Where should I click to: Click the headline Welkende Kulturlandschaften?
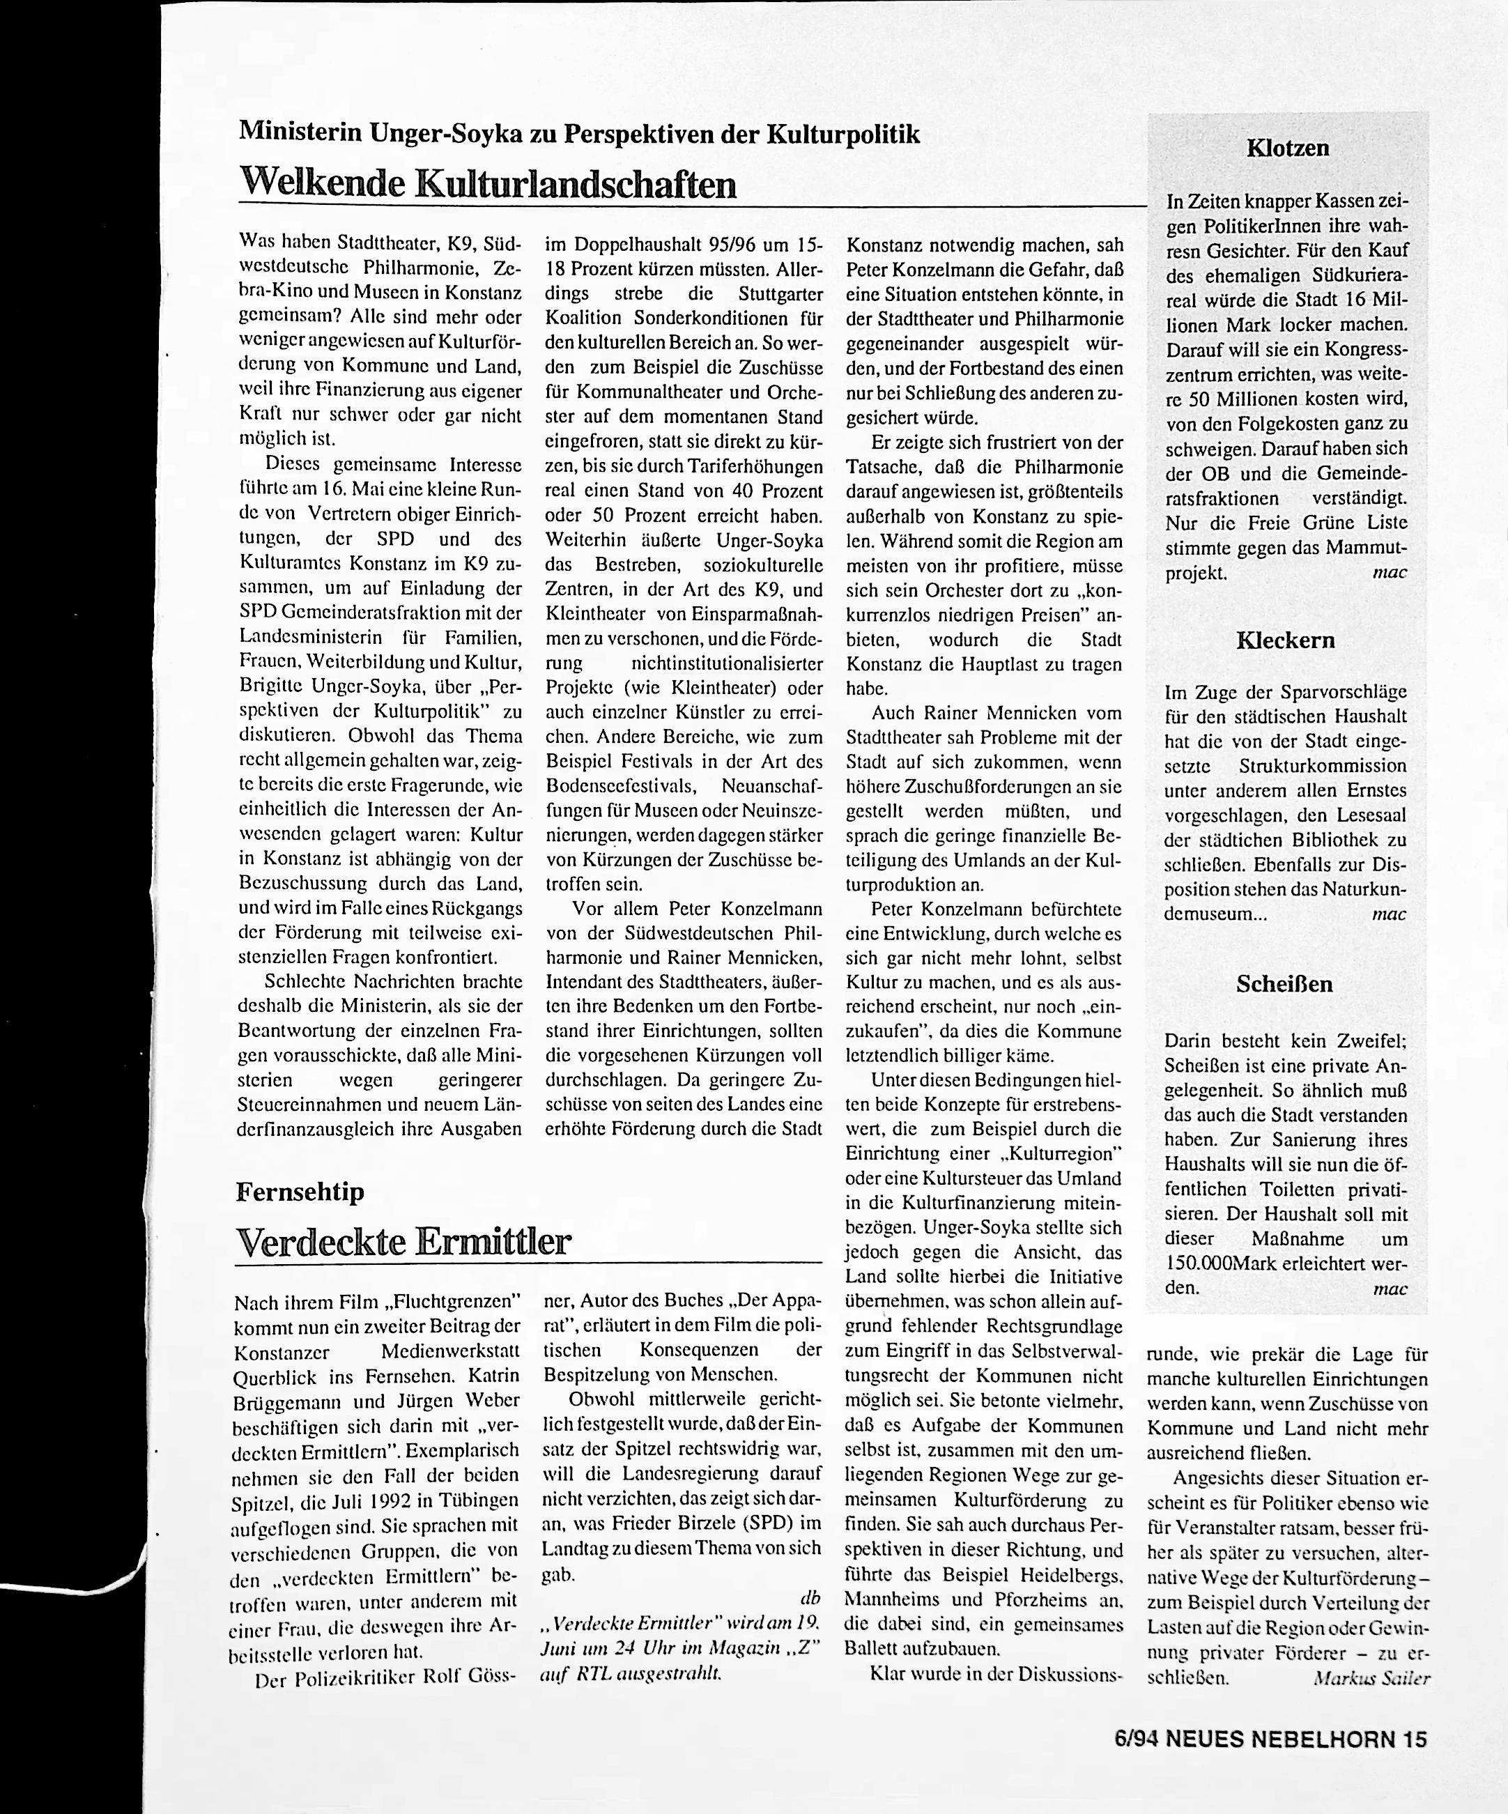point(487,183)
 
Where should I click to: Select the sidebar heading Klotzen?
point(1287,148)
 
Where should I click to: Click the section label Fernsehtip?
point(300,1192)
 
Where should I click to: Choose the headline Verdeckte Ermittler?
point(403,1242)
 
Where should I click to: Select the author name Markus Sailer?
point(1371,1677)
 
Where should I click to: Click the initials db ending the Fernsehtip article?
point(810,1597)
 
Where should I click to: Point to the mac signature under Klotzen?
point(1389,572)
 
